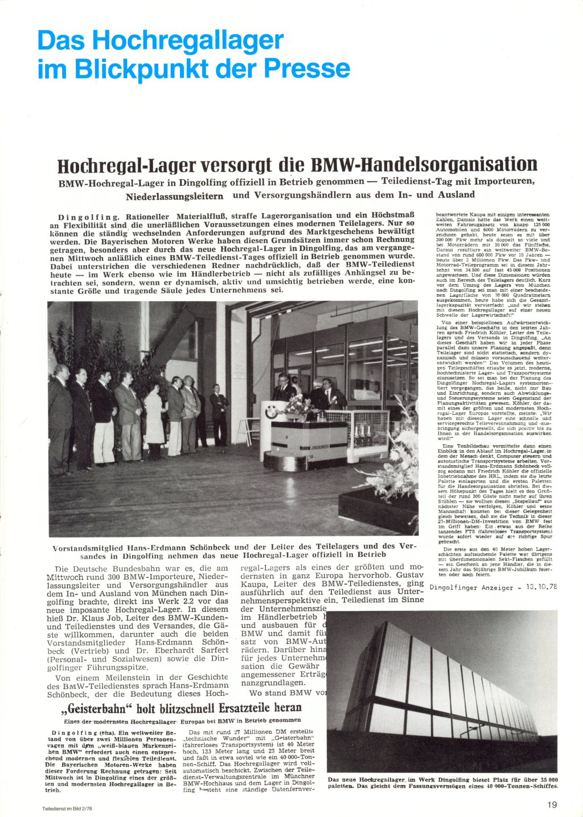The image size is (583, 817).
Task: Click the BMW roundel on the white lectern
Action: click(270, 412)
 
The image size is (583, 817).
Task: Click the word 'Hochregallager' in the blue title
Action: click(187, 40)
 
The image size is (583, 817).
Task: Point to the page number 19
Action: click(552, 804)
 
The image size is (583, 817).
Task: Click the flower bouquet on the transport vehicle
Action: click(297, 405)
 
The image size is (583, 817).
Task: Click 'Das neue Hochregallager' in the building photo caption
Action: click(365, 779)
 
